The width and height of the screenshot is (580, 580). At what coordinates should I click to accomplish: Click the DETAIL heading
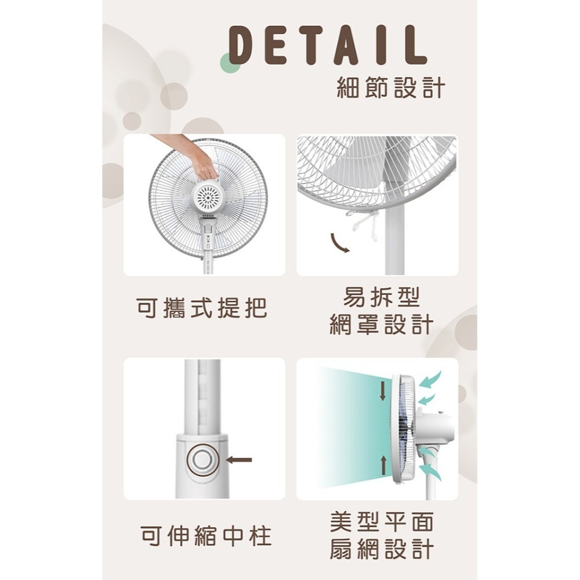click(x=328, y=45)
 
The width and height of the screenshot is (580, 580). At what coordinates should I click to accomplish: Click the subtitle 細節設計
click(x=390, y=88)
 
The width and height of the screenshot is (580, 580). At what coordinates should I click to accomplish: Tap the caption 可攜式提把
click(x=202, y=307)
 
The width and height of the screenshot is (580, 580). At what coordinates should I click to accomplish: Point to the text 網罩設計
click(x=380, y=325)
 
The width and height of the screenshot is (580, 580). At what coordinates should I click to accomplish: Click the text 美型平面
click(x=381, y=523)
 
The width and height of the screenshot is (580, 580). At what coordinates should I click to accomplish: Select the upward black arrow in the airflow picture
click(x=382, y=464)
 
